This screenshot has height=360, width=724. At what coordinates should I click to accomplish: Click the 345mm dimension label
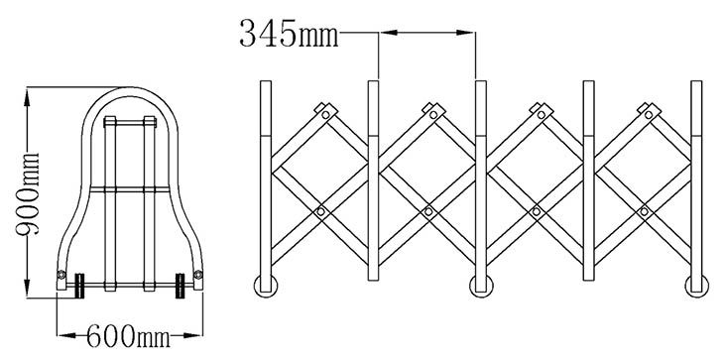tap(289, 34)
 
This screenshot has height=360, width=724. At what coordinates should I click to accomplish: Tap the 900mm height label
tap(28, 193)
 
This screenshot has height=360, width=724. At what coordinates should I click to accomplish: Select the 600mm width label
tap(128, 335)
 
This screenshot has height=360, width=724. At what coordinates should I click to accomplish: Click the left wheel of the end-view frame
tap(80, 286)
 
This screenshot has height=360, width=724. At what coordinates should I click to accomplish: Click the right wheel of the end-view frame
tap(181, 286)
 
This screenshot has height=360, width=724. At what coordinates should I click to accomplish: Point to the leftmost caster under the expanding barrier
tap(266, 287)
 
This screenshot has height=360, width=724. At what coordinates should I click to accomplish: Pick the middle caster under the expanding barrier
tap(481, 287)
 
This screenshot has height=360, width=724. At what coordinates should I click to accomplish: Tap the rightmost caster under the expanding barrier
tap(696, 287)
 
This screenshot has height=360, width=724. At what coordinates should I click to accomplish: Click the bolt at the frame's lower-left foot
tap(61, 275)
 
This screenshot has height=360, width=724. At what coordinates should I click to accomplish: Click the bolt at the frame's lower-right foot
tap(198, 275)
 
